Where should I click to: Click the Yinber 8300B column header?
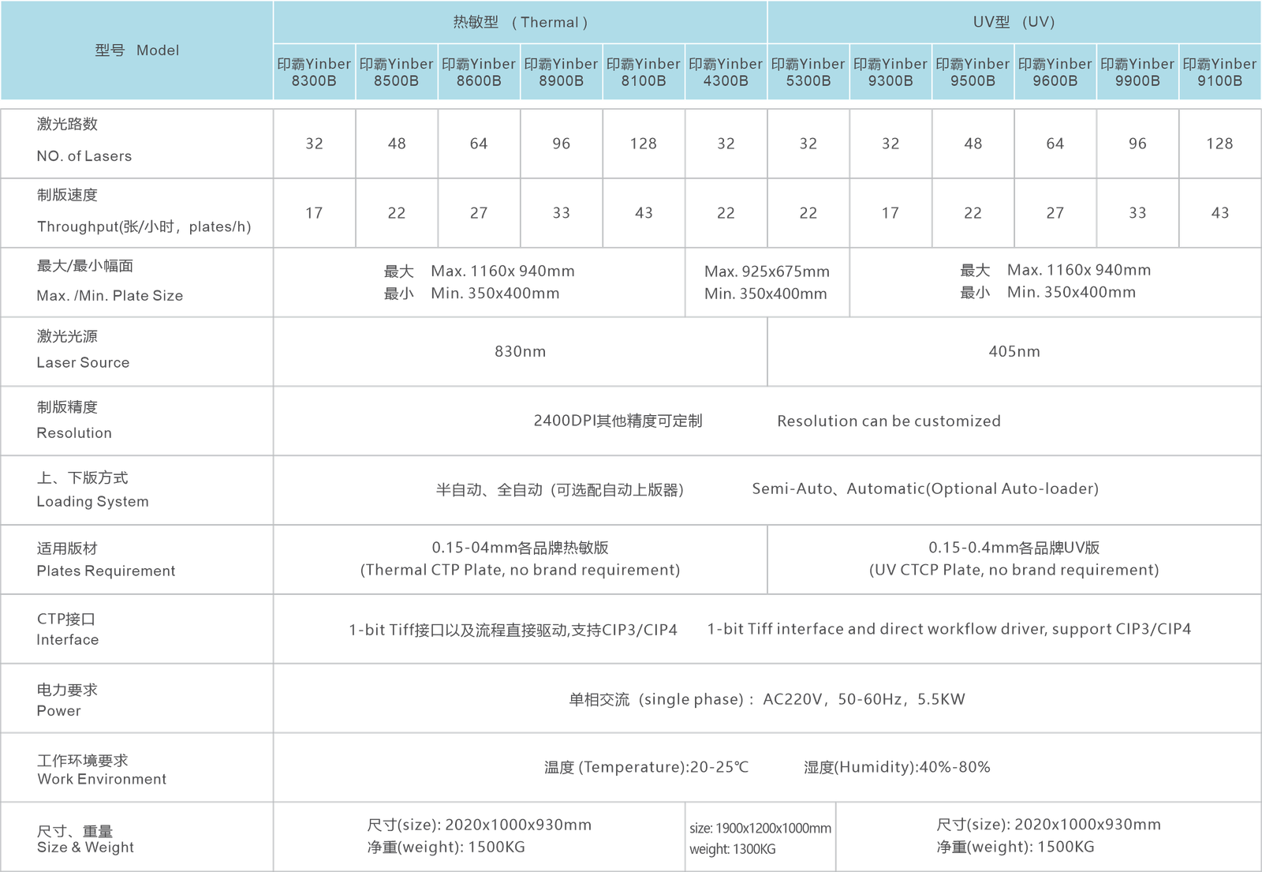tap(314, 72)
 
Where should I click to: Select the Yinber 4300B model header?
tap(726, 72)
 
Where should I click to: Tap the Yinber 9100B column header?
tap(1219, 72)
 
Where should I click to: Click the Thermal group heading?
tap(520, 22)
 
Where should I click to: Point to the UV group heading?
tap(1014, 22)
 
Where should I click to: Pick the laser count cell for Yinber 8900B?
tap(561, 144)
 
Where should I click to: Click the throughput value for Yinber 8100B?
tap(644, 213)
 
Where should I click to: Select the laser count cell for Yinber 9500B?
tap(973, 144)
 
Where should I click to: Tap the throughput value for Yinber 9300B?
tap(890, 213)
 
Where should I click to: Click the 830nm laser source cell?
tap(520, 352)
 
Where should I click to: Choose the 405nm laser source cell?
tap(1014, 352)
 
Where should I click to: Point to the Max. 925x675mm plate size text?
tap(767, 271)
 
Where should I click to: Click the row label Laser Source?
tap(83, 362)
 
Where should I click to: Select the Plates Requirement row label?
tap(106, 571)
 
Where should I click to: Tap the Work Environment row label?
tap(102, 779)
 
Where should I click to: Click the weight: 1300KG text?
tap(733, 849)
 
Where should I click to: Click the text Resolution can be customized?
tap(889, 421)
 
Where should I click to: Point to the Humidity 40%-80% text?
tap(897, 767)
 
